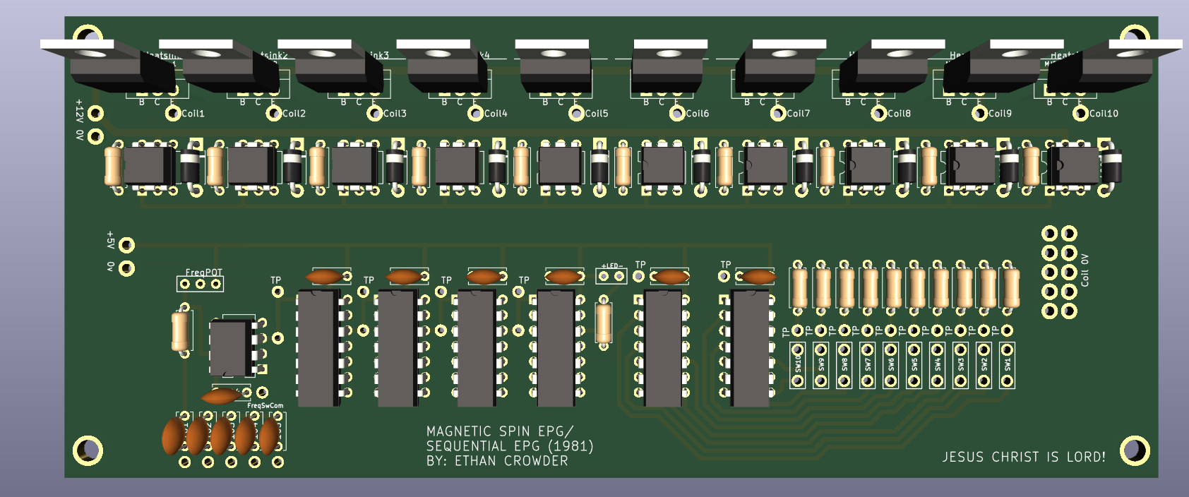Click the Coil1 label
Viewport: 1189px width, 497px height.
(193, 114)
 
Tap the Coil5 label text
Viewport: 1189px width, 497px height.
(597, 114)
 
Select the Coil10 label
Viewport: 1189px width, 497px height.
(1104, 114)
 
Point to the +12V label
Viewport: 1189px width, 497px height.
(80, 110)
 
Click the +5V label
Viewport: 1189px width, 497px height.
(110, 240)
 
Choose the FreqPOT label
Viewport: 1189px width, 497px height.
(203, 273)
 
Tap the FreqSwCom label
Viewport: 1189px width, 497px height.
(265, 406)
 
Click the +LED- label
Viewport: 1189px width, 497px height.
(611, 266)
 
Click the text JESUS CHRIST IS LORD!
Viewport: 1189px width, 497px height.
(1024, 457)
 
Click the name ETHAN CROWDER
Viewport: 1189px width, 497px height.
(511, 461)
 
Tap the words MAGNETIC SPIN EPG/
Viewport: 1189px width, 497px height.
(500, 431)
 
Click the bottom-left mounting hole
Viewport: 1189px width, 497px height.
(88, 450)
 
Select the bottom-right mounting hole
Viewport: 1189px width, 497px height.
(1134, 450)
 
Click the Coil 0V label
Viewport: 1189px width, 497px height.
(1085, 270)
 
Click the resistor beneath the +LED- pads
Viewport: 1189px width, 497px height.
(604, 323)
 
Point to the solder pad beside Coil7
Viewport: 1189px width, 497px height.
(778, 114)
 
